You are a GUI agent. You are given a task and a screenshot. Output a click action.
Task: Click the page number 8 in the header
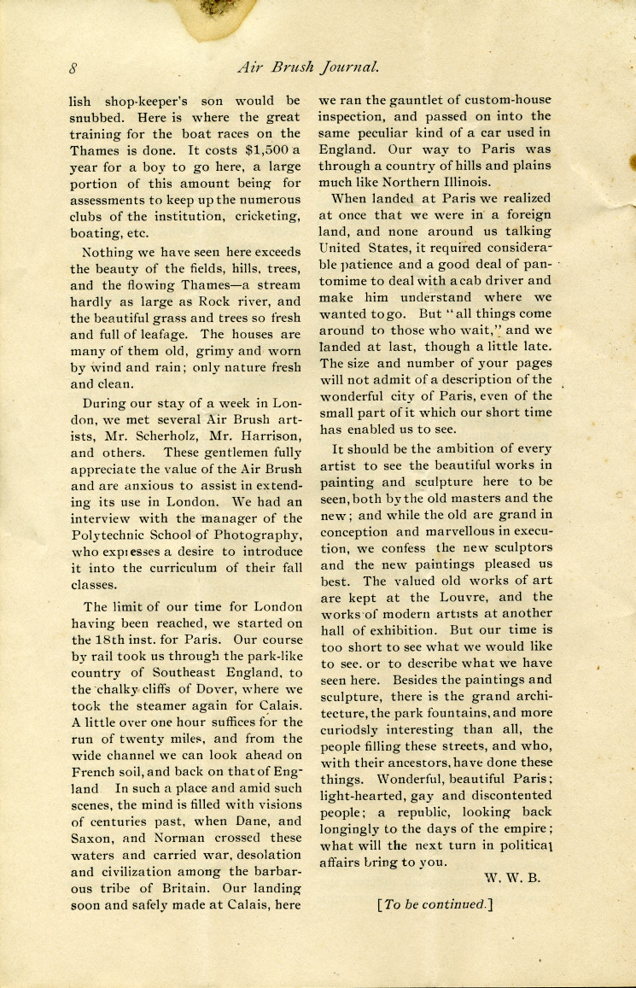pos(74,67)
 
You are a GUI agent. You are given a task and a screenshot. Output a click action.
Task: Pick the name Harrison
pos(265,435)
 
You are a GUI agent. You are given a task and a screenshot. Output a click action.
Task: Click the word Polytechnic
pos(109,535)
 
